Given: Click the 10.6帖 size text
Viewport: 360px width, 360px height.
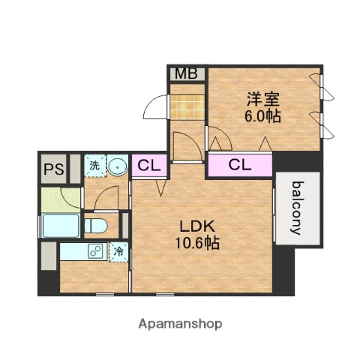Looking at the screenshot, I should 198,243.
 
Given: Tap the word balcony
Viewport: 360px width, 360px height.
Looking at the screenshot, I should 297,208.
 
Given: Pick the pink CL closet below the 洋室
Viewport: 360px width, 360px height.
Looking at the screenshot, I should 239,164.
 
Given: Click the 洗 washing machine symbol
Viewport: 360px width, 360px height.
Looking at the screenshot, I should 95,164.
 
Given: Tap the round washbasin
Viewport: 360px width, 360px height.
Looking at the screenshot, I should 117,165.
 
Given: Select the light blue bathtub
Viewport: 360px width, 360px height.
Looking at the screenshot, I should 59,226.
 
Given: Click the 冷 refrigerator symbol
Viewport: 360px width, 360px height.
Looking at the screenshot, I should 118,253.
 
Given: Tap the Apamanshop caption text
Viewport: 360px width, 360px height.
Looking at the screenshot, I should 180,324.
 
